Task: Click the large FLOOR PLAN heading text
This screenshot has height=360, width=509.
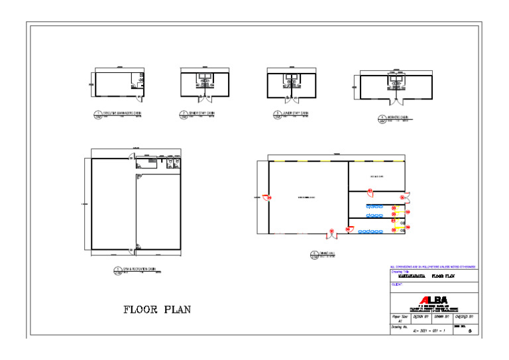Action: [157, 309]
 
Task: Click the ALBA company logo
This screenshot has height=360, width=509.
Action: [433, 299]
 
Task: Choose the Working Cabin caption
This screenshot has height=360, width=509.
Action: [395, 119]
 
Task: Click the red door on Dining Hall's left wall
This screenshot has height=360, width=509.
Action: [266, 197]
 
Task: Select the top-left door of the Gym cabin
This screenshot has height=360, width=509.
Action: [133, 156]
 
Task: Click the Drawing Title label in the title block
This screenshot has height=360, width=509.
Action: [402, 270]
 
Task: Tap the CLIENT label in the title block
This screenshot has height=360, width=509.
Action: [398, 283]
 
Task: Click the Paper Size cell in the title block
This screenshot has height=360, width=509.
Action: [400, 318]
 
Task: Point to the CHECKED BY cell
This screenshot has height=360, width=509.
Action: [464, 318]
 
